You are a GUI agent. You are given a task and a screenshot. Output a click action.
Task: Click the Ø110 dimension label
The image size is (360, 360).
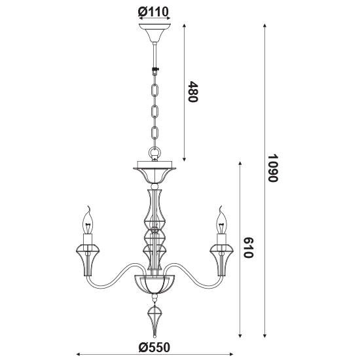pos(153,12)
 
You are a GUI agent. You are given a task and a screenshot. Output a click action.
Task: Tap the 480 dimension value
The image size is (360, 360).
pos(192,92)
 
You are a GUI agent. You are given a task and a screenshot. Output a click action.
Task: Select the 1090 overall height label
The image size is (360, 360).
pos(273,168)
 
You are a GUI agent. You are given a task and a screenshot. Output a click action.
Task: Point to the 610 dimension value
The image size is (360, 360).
pos(248,247)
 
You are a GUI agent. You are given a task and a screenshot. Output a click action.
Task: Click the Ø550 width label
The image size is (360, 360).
pos(154,348)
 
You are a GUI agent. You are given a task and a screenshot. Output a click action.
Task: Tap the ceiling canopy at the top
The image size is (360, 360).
pos(155,33)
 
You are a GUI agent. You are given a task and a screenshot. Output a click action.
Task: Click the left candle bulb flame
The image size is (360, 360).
pos(88,219)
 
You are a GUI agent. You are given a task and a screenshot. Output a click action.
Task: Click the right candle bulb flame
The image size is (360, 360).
pos(222,219)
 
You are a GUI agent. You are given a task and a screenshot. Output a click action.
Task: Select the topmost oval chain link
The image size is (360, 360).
pos(154,90)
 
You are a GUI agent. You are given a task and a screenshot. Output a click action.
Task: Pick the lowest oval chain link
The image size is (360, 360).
pos(154,132)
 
